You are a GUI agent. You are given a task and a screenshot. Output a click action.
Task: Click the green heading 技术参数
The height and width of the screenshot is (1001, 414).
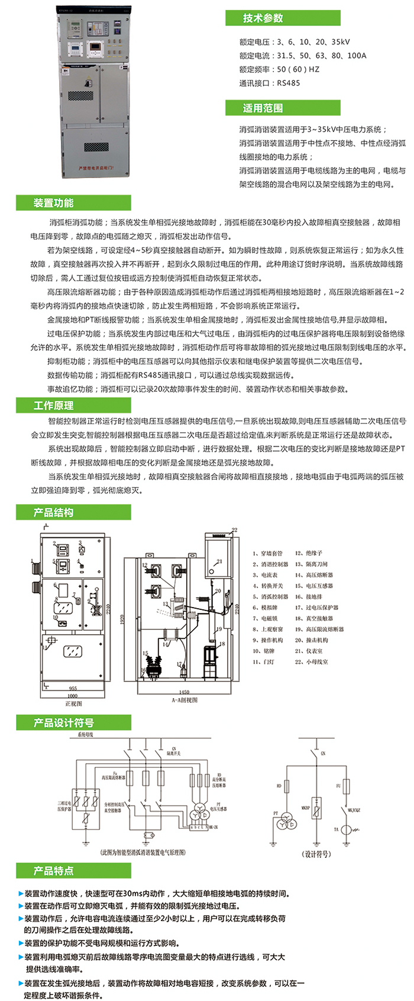click(x=263, y=18)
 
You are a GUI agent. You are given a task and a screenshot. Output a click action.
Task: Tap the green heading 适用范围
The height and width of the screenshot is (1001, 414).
click(x=263, y=108)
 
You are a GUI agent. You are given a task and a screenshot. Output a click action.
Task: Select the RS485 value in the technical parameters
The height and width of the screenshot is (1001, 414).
click(x=289, y=83)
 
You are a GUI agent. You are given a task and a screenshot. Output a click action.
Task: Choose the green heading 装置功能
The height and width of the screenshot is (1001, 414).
click(x=54, y=203)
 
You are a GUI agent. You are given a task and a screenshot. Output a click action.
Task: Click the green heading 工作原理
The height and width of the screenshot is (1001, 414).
click(x=54, y=405)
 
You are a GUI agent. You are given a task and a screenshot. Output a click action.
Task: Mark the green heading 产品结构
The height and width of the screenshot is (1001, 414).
click(x=54, y=512)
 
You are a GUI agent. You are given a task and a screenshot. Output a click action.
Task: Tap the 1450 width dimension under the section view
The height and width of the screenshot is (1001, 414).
click(x=184, y=691)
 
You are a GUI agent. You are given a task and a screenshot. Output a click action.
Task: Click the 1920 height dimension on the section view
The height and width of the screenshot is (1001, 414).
click(x=121, y=619)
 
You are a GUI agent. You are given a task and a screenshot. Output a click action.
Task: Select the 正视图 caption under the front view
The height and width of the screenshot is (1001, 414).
click(x=73, y=703)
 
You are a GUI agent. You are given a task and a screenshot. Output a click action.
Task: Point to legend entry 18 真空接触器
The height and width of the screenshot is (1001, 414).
click(x=319, y=618)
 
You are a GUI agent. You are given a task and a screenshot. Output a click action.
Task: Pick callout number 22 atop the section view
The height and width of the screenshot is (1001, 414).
click(x=234, y=530)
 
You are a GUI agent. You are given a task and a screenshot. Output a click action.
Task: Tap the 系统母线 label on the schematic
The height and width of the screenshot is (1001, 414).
click(x=85, y=734)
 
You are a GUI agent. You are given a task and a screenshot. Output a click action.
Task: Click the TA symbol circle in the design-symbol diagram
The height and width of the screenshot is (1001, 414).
click(x=348, y=830)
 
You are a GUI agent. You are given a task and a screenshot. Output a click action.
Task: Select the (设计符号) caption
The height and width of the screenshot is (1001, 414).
click(x=316, y=854)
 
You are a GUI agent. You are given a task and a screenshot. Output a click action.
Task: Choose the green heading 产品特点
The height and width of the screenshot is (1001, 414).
click(x=54, y=870)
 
